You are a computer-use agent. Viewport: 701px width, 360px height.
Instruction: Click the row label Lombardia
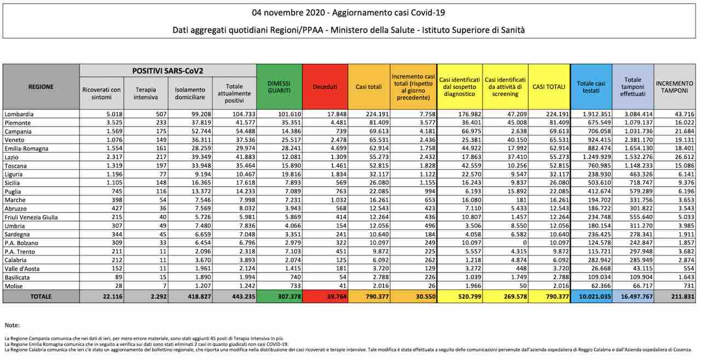pos(19,115)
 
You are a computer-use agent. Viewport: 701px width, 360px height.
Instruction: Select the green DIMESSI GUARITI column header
pos(279,87)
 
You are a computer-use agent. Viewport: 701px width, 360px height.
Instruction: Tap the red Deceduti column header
pos(325,87)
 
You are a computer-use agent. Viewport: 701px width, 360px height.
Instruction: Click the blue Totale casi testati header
pos(591,87)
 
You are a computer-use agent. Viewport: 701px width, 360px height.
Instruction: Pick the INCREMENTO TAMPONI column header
pos(674,87)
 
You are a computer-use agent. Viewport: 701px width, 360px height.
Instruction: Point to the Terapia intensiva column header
pos(146,93)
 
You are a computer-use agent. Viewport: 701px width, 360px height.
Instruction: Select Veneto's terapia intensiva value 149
pos(161,140)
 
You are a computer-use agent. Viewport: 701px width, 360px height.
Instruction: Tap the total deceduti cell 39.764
pos(337,296)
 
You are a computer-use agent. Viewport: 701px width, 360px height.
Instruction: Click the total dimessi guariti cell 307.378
pos(290,296)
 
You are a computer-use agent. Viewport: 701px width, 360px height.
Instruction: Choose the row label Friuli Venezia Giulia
pos(31,217)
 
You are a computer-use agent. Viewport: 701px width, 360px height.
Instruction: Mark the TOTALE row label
pos(41,296)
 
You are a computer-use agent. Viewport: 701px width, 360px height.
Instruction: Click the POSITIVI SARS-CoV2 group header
pos(168,71)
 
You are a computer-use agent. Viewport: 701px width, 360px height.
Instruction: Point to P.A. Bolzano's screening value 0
pos(525,243)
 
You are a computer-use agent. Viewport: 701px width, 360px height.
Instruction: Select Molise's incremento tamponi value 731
pos(688,286)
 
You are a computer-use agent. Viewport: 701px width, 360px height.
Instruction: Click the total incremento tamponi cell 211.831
pos(682,296)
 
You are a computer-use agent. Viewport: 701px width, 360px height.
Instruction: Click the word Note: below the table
pos(12,325)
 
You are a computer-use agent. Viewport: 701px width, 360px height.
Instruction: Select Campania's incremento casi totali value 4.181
pos(428,132)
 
